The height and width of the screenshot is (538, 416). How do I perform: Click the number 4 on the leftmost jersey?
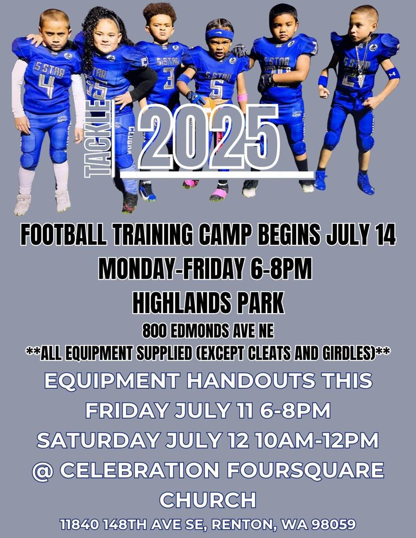[47, 86]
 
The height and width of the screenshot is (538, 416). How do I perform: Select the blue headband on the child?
[219, 34]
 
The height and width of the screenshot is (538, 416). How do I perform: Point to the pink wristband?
[242, 97]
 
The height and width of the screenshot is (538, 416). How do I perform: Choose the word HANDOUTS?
[251, 380]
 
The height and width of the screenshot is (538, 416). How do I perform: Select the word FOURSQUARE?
[305, 470]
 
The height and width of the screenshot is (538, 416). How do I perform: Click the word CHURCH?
[208, 500]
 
